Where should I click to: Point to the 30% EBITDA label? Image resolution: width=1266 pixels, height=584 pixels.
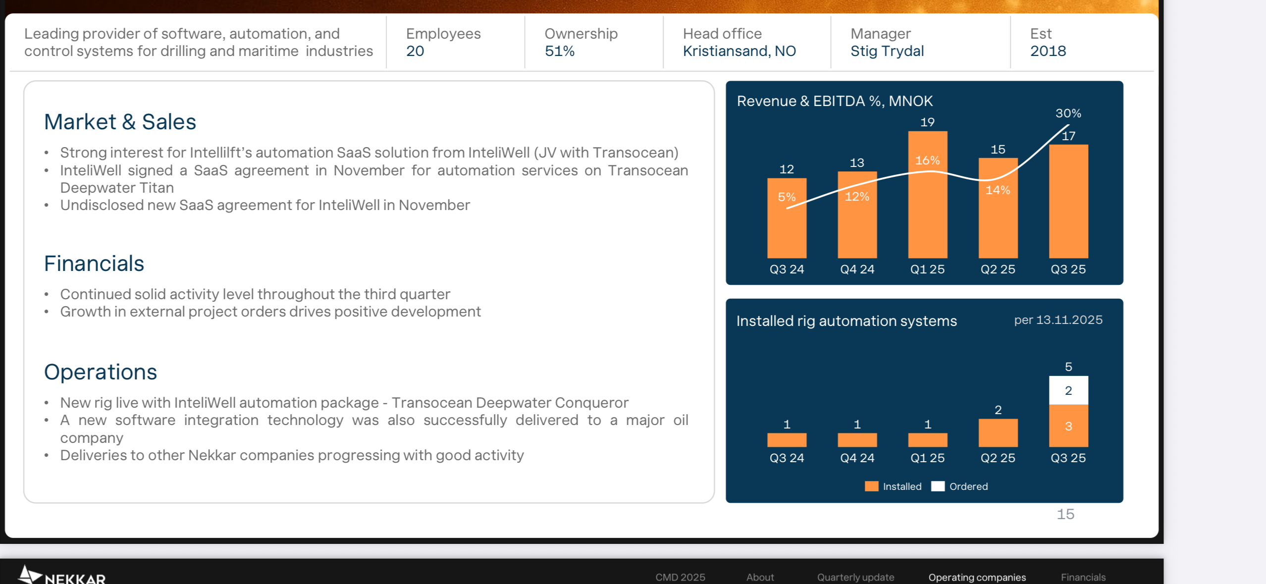pos(1068,113)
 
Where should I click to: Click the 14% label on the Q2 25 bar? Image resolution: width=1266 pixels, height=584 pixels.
pos(998,190)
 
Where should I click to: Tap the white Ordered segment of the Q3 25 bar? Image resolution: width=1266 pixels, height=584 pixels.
pos(1068,390)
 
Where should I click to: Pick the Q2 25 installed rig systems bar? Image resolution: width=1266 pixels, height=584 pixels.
pos(998,433)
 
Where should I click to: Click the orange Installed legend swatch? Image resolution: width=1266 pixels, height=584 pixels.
pos(871,486)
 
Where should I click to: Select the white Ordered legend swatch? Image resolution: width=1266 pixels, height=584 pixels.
pos(938,486)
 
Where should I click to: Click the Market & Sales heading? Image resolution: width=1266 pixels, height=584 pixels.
pos(120,122)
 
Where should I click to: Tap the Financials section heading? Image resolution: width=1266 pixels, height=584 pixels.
pos(94,264)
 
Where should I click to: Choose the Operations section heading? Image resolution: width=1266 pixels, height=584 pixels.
pos(101,372)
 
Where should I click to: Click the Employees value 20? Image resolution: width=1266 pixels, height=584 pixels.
pos(415,51)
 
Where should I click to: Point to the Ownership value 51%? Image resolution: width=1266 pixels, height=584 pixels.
pos(560,51)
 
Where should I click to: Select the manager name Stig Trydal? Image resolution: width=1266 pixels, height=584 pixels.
pos(887,51)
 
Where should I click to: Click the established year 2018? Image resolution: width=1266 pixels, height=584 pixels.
pos(1048,51)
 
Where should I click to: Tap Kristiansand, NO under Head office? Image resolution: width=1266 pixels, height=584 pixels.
pos(739,51)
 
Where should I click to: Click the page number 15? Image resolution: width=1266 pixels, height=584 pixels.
pos(1065,514)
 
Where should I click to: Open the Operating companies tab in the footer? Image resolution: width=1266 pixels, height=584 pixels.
pos(977,577)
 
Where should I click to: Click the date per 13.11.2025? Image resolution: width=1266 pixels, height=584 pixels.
pos(1058,320)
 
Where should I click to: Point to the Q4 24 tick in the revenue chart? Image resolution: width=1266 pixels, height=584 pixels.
pos(857,269)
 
